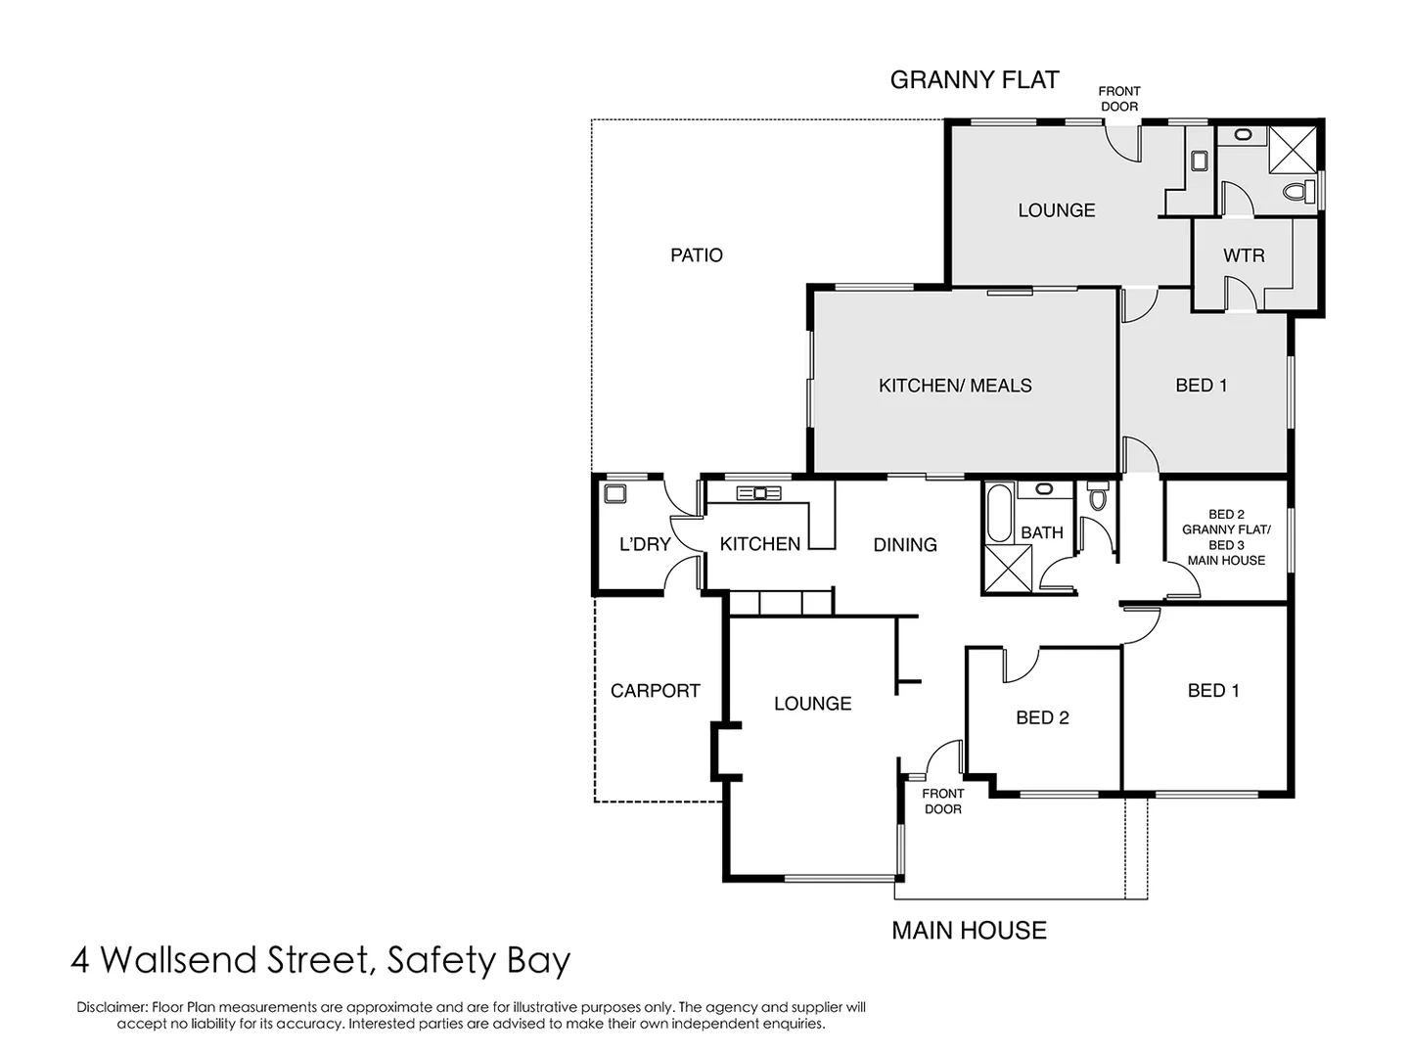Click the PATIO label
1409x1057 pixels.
coord(697,255)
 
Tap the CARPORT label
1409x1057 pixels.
coord(655,691)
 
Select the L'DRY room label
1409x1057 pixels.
coord(645,544)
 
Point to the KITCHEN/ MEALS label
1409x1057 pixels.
coord(955,386)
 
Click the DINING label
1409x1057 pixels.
coord(905,545)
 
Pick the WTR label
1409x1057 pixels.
coord(1244,255)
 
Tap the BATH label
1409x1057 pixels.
coord(1041,532)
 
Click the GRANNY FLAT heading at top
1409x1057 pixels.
coord(975,80)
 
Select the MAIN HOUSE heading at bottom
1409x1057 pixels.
coord(969,931)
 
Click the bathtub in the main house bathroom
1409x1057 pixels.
coord(998,513)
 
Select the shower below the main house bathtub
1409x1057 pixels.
coord(1008,569)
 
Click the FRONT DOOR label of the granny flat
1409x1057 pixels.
coord(1119,99)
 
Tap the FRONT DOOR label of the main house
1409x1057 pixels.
coord(943,802)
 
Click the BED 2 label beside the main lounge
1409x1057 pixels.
coord(1042,718)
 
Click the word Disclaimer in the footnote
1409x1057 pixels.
coord(111,1007)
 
